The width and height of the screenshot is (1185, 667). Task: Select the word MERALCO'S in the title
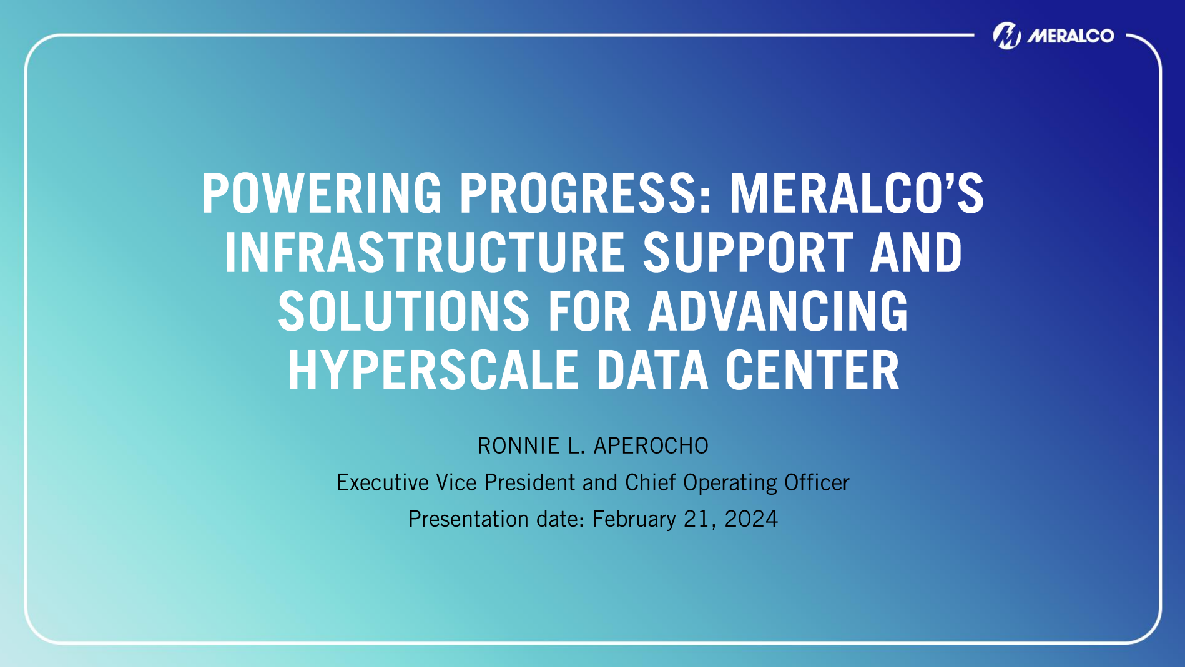coord(857,193)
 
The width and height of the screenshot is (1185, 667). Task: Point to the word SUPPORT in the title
coord(747,253)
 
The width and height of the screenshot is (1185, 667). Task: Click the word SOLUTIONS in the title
coord(404,311)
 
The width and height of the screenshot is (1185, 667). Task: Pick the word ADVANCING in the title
coord(778,311)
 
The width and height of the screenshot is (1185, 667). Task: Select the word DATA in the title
coord(652,371)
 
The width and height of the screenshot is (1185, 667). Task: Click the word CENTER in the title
coord(812,371)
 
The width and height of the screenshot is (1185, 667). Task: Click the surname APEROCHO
coord(651,446)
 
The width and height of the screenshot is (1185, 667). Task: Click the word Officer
coord(817,483)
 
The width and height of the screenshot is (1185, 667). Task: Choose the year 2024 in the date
coord(751,519)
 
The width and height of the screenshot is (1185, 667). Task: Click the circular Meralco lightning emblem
coord(1006,36)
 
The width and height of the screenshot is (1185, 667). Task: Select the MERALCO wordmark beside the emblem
coord(1071,36)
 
